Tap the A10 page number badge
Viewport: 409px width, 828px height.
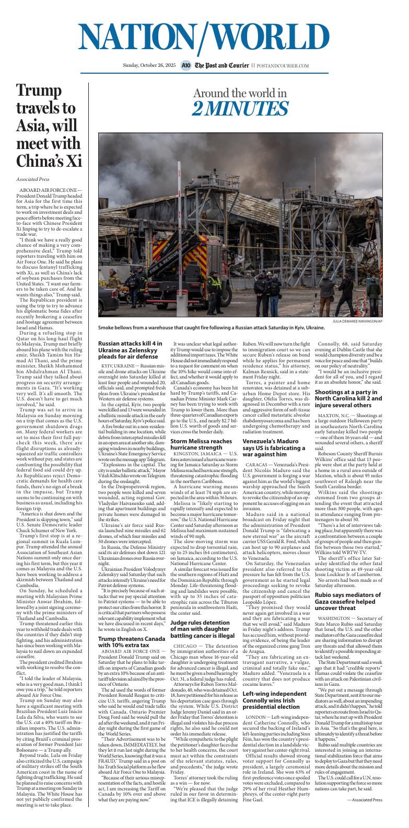(x=186, y=66)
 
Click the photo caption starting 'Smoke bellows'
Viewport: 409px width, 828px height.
(x=211, y=328)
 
